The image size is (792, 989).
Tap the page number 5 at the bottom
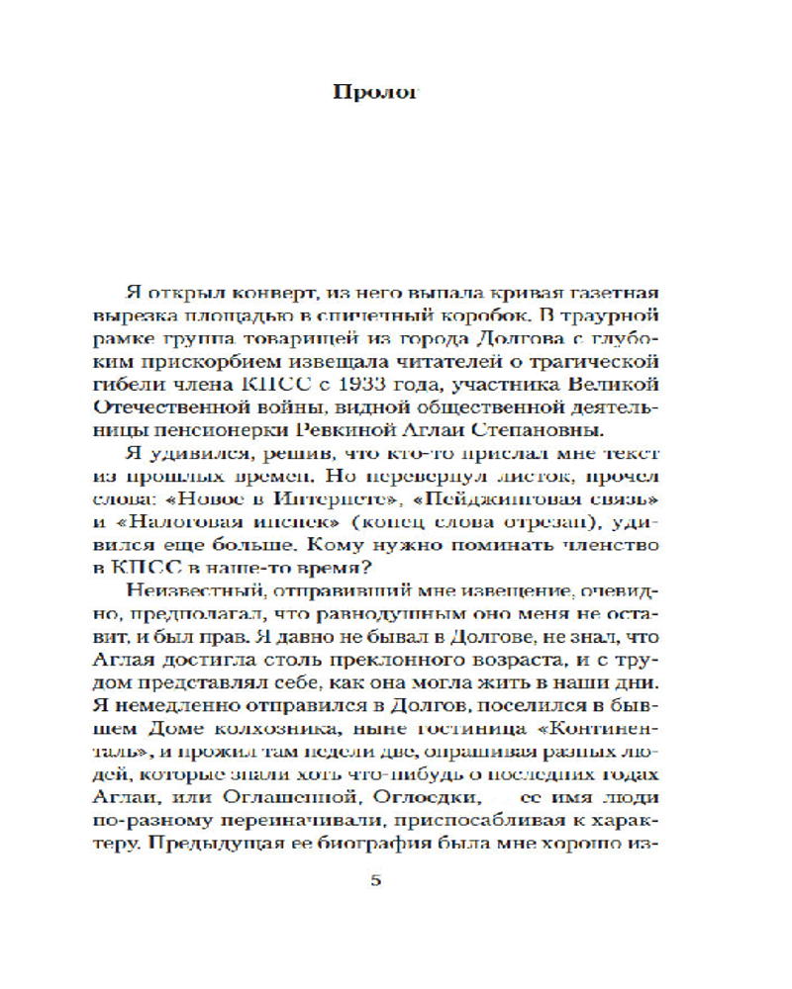(375, 880)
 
